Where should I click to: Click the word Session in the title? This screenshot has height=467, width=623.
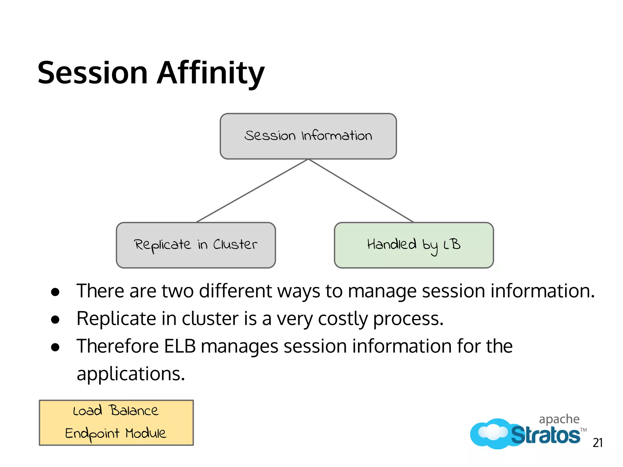[x=92, y=73]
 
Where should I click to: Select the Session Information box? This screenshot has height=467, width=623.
[x=308, y=136]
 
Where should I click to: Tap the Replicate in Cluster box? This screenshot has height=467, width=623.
[x=196, y=245]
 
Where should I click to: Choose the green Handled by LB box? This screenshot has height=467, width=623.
[x=414, y=245]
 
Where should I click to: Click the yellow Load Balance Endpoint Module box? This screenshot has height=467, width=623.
[x=116, y=423]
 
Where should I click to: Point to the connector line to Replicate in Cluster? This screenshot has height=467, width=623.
[x=252, y=191]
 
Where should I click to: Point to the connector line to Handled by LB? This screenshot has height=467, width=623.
[x=361, y=191]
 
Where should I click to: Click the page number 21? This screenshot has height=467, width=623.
[x=597, y=443]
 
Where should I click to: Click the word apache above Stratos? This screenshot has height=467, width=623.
[x=559, y=419]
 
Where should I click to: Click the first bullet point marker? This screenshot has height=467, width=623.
[x=55, y=292]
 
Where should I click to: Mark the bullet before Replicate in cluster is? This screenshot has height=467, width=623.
[x=55, y=320]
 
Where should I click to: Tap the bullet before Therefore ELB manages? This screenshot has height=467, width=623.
[x=55, y=347]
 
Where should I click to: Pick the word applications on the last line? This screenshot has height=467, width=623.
[x=131, y=374]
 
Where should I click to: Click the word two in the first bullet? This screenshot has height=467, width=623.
[x=178, y=291]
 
